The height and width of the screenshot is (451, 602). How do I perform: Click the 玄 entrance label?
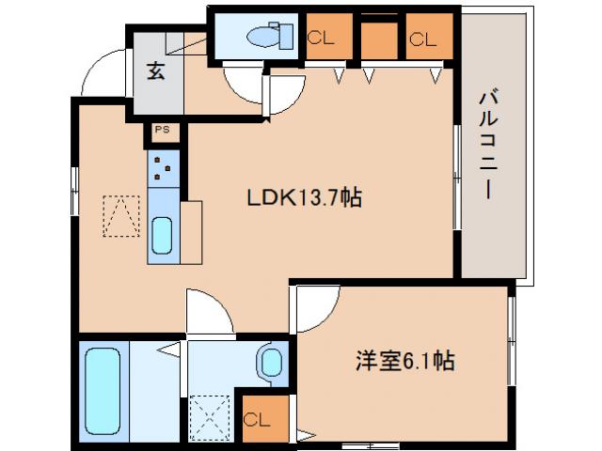156,71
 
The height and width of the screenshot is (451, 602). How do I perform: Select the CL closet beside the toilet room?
320,39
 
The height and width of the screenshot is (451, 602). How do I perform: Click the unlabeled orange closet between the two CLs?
378,39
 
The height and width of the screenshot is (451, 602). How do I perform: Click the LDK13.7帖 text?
304,197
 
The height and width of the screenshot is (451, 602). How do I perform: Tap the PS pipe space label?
161,132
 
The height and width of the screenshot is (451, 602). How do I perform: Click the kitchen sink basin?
162,236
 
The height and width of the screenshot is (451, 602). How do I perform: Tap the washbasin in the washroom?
271,361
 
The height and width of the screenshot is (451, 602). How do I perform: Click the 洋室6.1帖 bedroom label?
404,360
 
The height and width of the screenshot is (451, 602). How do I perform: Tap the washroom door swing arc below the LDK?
209,313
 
